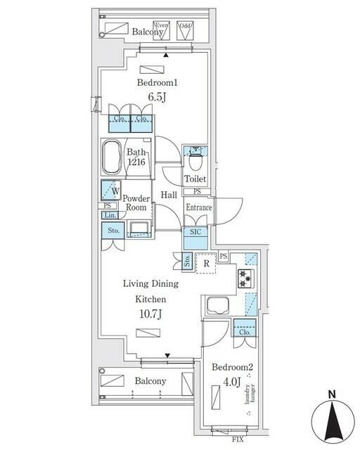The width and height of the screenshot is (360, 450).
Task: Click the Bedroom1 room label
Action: coord(155,82)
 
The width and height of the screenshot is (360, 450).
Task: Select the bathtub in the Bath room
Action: coord(111,159)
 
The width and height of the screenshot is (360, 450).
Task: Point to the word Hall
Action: coord(169,195)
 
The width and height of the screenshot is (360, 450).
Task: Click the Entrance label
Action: coord(199,207)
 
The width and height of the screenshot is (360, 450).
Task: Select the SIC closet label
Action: coord(195,231)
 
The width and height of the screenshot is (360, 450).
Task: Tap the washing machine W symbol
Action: coord(112,190)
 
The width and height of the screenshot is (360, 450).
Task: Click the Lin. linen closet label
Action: coord(109,215)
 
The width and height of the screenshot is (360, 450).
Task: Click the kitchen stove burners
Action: coord(245,278)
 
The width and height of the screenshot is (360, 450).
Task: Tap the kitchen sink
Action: coord(219,307)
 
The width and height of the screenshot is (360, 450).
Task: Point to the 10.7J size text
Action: coord(150,313)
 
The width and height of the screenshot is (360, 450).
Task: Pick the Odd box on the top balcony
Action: coord(186,30)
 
